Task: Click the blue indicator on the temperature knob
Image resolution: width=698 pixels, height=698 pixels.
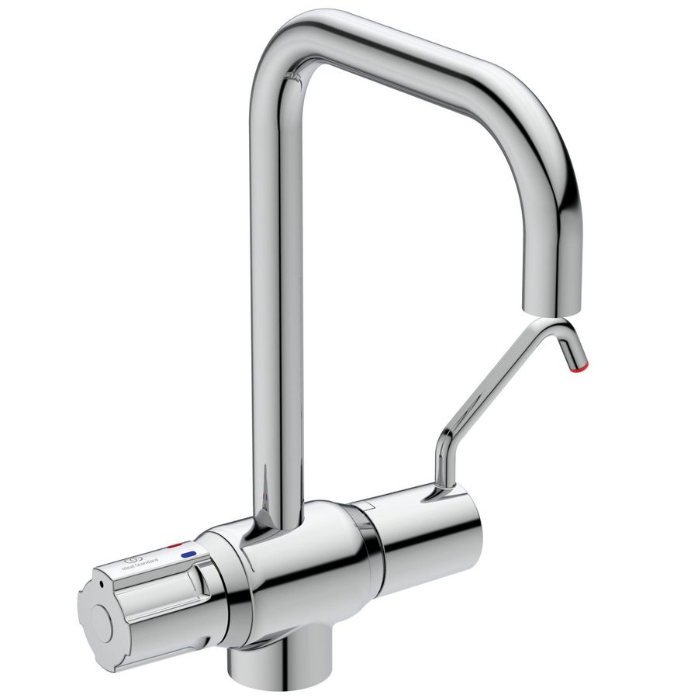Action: point(188,555)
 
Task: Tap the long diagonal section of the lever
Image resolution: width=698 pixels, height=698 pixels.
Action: point(504,380)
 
